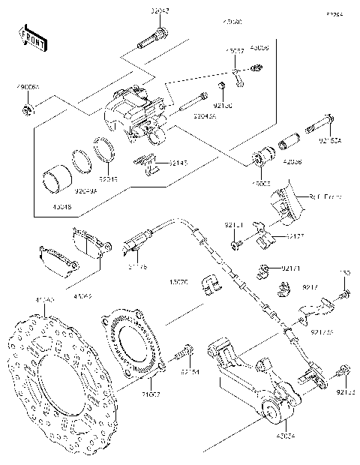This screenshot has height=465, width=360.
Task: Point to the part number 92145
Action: pyautogui.click(x=177, y=163)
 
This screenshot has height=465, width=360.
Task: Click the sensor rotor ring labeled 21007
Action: pyautogui.click(x=131, y=342)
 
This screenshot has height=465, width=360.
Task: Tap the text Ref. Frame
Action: pyautogui.click(x=324, y=196)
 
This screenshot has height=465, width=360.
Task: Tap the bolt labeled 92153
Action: pyautogui.click(x=343, y=370)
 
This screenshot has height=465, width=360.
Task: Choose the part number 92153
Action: pyautogui.click(x=346, y=391)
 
